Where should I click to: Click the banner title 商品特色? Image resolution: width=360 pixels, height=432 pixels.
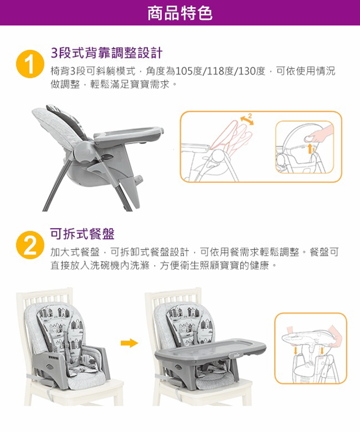[x=180, y=13]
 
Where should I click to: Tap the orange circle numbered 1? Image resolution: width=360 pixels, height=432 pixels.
[x=30, y=64]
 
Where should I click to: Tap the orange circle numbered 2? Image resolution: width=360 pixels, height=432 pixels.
[x=30, y=245]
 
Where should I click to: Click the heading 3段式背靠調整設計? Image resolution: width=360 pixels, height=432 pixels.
[x=107, y=53]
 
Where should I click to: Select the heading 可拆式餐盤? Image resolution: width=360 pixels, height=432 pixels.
[x=82, y=234]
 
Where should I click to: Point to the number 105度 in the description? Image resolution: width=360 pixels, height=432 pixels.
[x=189, y=72]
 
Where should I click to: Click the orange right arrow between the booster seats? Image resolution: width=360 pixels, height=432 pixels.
[x=129, y=343]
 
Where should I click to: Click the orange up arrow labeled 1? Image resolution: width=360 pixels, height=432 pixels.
[x=310, y=148]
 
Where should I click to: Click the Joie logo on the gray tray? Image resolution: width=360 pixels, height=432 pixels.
[x=236, y=355]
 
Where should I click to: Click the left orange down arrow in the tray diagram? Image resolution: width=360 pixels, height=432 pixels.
[x=296, y=351]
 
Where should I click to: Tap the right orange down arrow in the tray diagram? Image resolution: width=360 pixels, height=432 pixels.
[x=322, y=351]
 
